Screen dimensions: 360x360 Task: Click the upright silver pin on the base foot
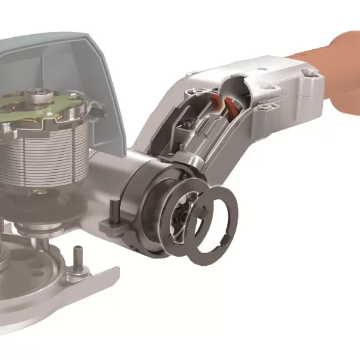tap(77, 258)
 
